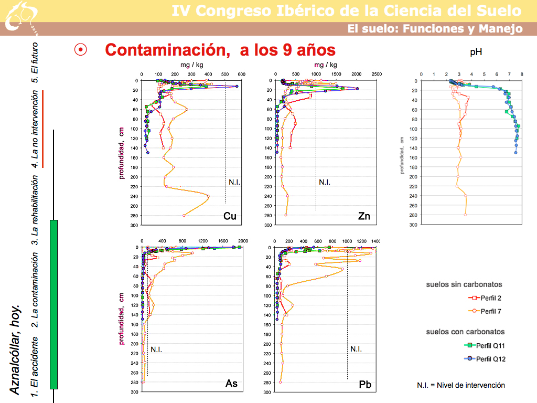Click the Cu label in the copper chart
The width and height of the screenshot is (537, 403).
(230, 216)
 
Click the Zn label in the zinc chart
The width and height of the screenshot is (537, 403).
(364, 216)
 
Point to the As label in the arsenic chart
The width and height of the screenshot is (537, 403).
(231, 384)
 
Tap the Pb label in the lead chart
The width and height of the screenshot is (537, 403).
(366, 385)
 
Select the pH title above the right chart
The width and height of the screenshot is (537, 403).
(476, 52)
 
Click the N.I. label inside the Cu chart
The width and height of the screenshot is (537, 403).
(234, 182)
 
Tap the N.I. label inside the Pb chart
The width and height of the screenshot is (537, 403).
(356, 349)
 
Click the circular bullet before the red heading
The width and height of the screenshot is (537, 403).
(81, 50)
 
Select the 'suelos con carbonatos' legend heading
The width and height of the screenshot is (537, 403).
(465, 332)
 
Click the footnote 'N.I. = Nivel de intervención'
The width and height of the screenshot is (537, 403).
(461, 385)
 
